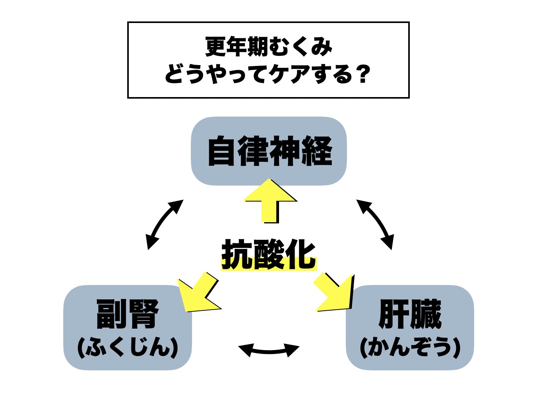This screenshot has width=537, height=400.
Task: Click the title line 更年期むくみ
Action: [x=268, y=46]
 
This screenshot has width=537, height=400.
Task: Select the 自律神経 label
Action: [x=269, y=151]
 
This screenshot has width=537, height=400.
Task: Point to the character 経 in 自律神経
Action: [x=317, y=151]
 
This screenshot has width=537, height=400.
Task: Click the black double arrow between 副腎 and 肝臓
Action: [x=268, y=350]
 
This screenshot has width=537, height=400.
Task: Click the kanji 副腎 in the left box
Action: [x=128, y=314]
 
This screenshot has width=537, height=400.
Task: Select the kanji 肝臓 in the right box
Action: [x=410, y=314]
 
